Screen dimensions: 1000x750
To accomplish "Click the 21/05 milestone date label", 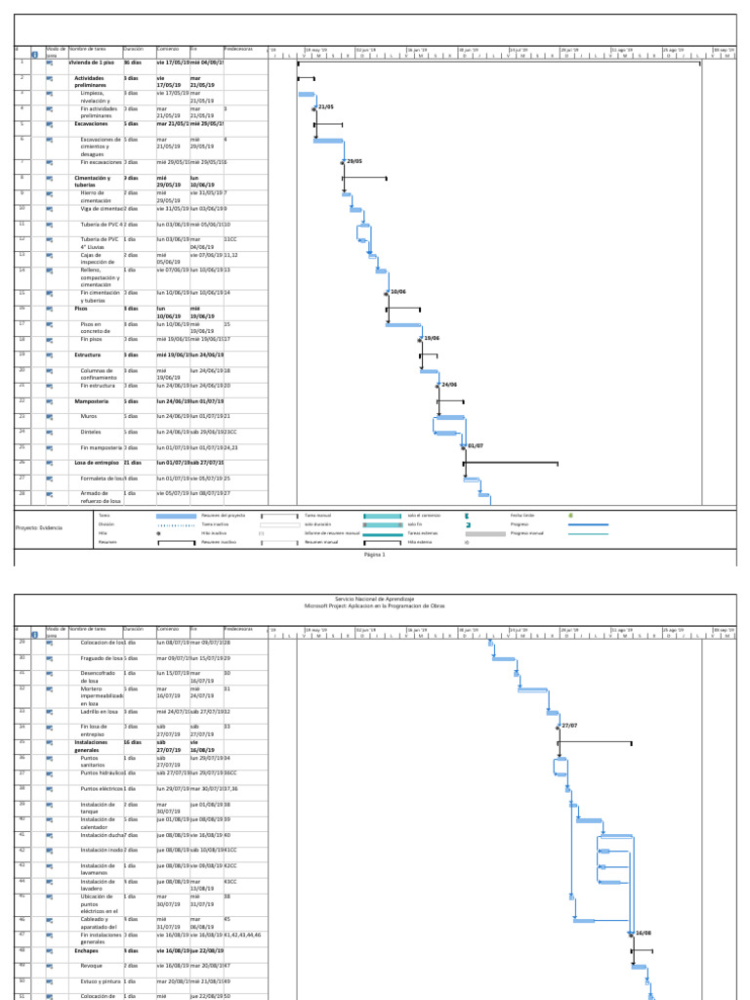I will (x=326, y=106).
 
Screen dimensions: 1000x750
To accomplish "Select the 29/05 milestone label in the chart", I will (x=354, y=161).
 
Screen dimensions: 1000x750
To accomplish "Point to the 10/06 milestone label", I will (x=397, y=292).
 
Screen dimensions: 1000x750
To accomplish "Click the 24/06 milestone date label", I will (x=449, y=385).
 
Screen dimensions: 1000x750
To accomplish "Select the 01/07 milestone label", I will (x=476, y=446).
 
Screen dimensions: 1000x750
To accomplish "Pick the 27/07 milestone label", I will (x=569, y=726).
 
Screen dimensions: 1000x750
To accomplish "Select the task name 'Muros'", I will (x=89, y=416).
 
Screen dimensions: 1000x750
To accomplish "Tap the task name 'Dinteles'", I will (x=92, y=431).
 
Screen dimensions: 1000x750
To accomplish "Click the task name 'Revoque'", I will (x=93, y=964).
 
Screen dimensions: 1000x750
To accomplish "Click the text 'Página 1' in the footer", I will (x=375, y=555).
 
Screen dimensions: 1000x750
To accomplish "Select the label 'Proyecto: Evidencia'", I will (x=39, y=527).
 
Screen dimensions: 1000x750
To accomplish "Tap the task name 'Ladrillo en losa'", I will (x=101, y=711).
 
